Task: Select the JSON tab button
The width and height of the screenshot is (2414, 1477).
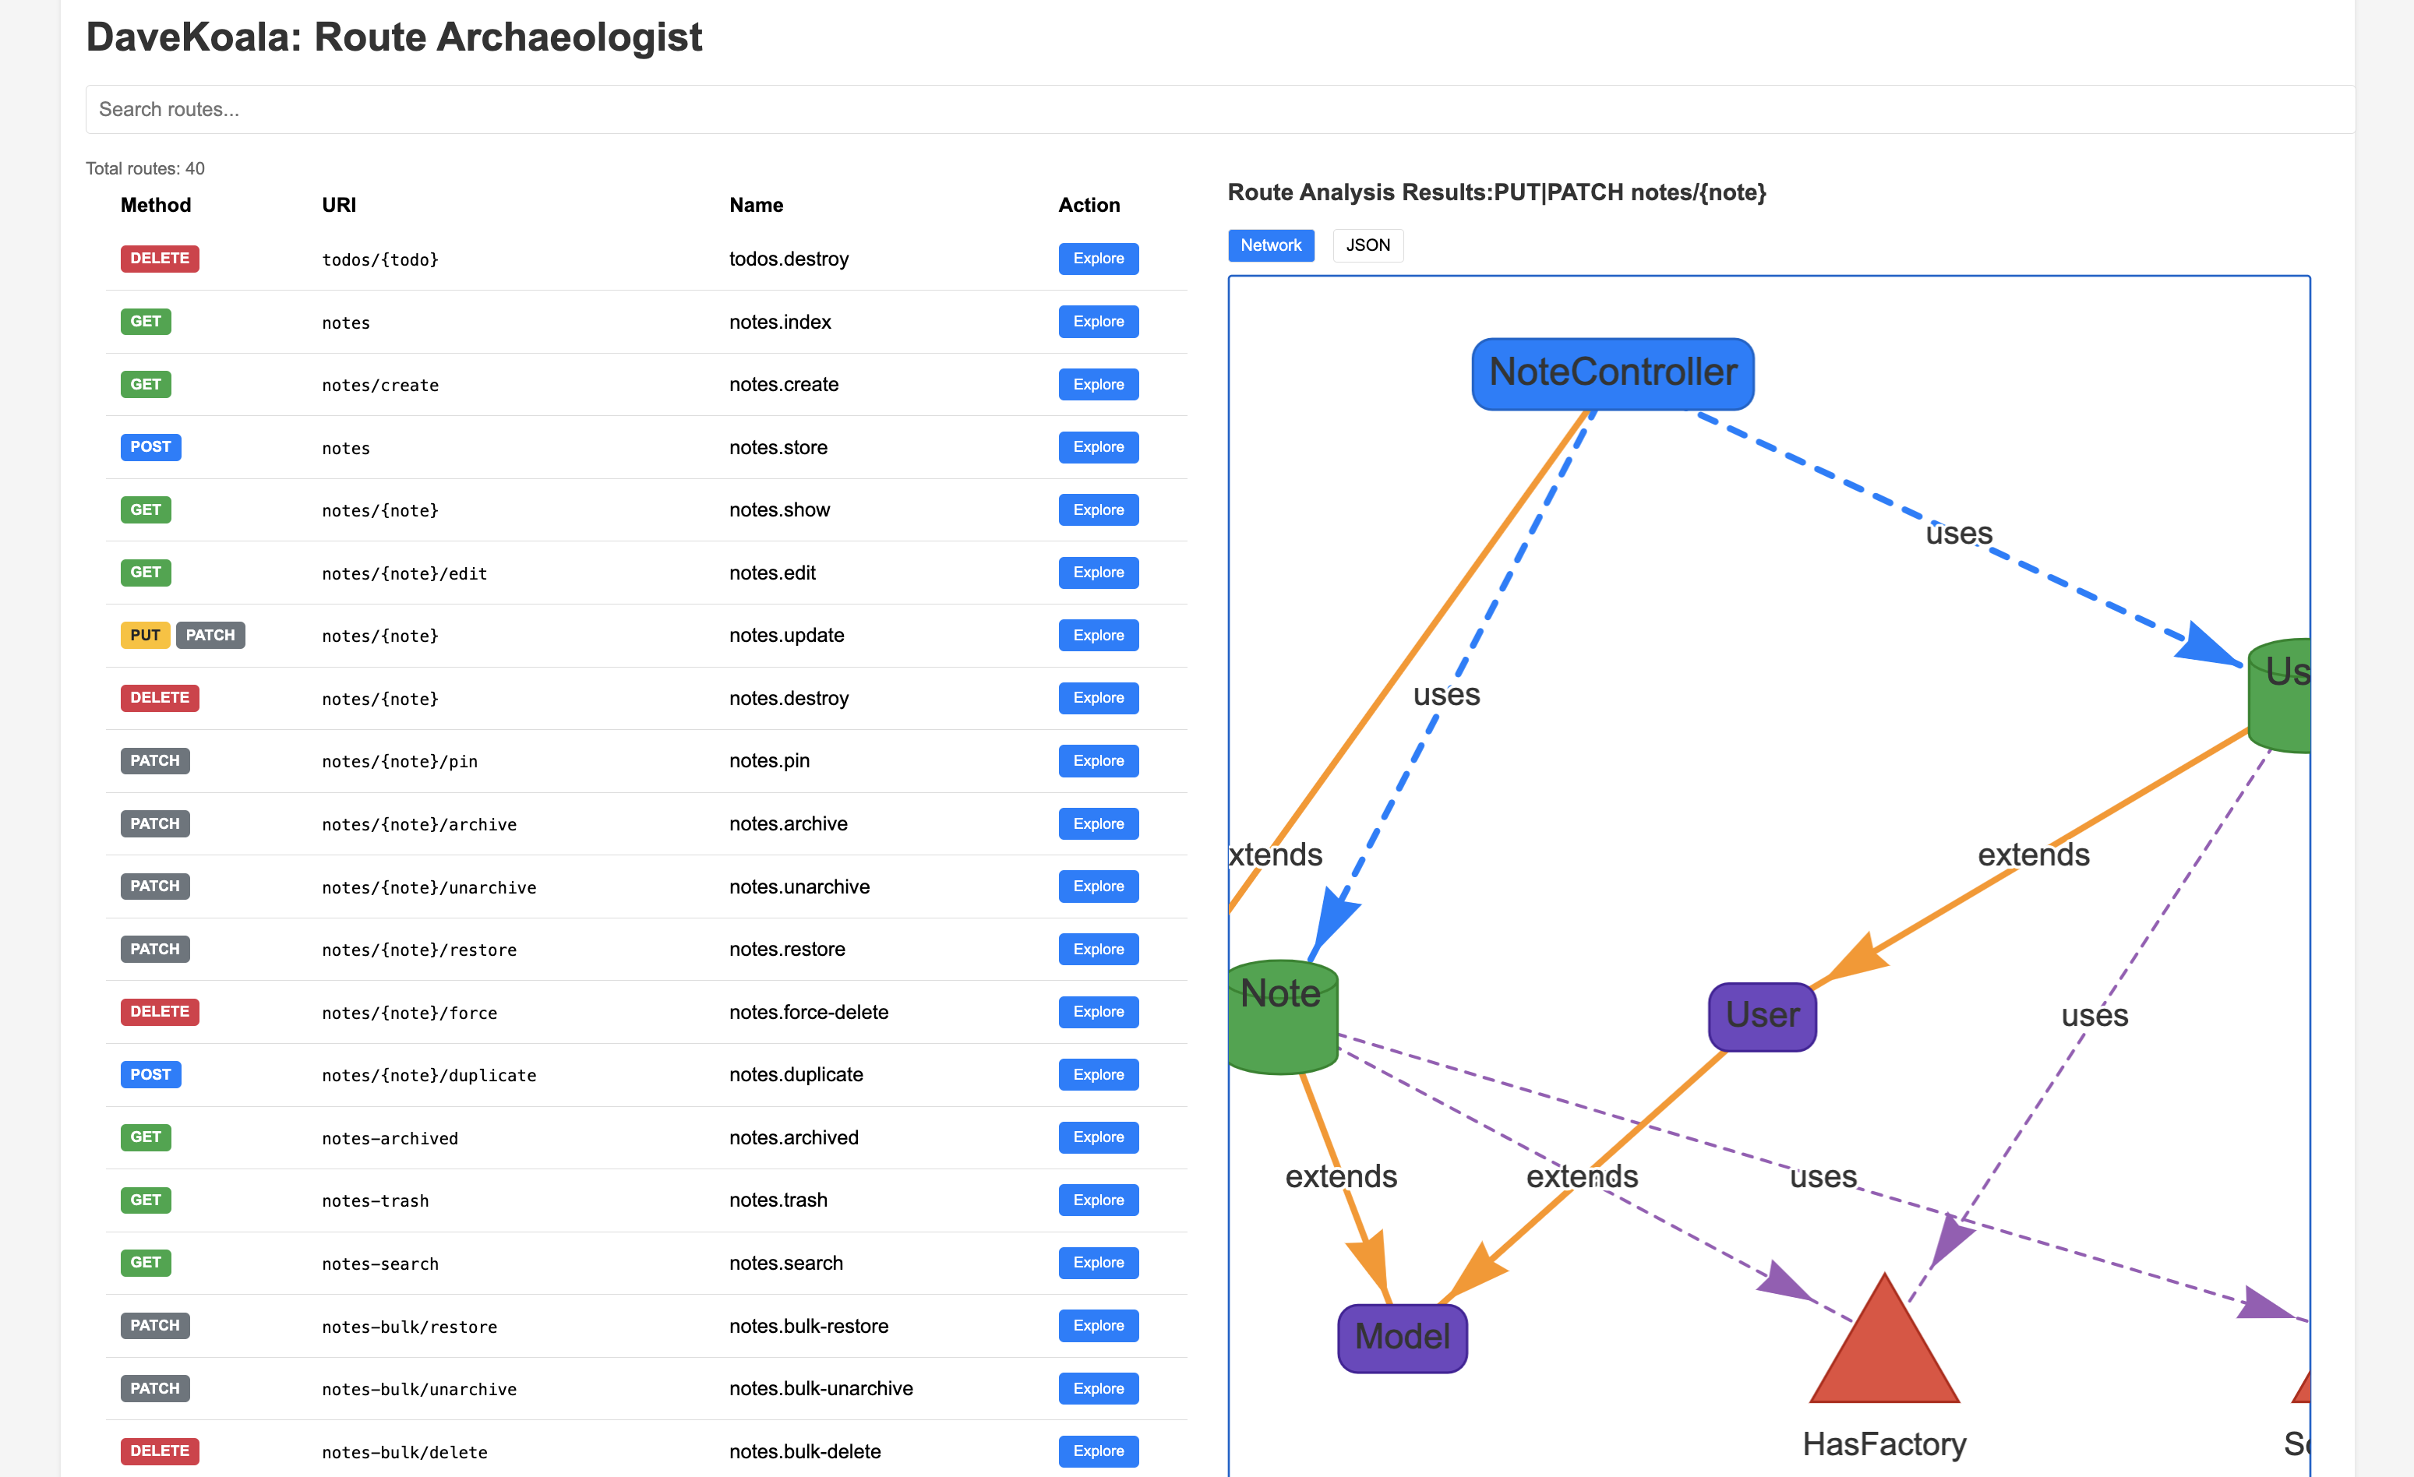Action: tap(1368, 245)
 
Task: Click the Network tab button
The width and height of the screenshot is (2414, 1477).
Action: tap(1271, 245)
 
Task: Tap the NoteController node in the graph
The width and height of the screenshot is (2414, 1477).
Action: tap(1613, 373)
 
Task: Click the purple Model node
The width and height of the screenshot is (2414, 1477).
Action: tap(1402, 1337)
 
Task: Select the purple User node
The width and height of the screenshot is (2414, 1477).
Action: tap(1762, 1016)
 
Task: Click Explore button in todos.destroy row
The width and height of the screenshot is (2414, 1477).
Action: tap(1097, 259)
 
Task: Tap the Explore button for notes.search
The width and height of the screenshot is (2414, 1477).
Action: tap(1097, 1263)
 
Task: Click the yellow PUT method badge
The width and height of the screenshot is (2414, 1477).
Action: tap(145, 635)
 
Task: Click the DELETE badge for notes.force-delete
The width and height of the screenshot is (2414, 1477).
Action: tap(160, 1012)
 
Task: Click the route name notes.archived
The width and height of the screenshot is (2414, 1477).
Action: tap(792, 1137)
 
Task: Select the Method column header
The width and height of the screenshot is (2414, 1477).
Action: tap(155, 205)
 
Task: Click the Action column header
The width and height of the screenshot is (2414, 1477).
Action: tap(1089, 205)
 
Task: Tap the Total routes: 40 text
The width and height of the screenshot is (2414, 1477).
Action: tap(145, 168)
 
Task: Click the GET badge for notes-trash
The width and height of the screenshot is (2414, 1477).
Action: tap(145, 1200)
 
